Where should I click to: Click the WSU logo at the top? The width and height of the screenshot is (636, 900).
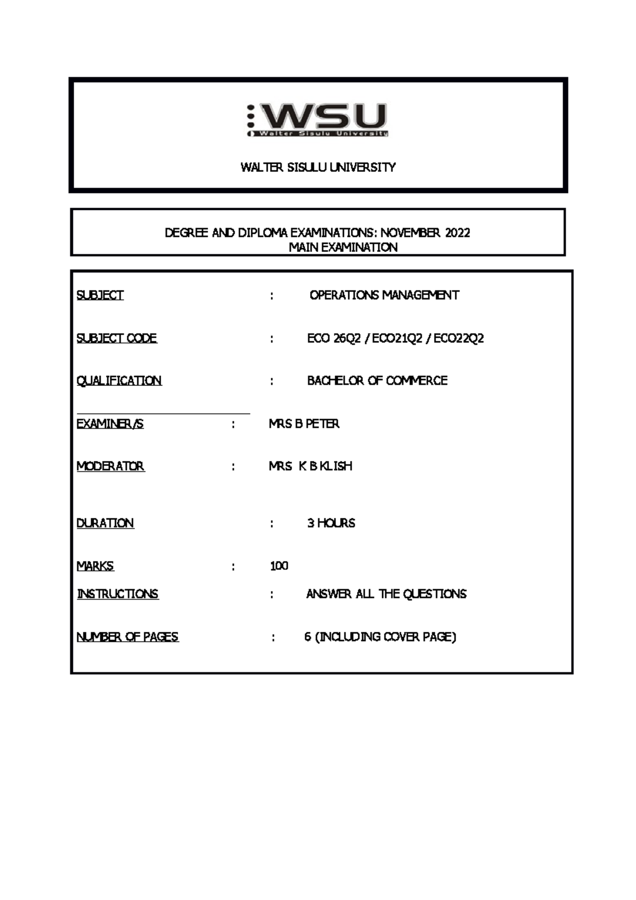[317, 120]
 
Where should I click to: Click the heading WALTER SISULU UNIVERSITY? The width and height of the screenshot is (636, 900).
[318, 167]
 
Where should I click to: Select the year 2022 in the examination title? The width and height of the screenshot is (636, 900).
[457, 233]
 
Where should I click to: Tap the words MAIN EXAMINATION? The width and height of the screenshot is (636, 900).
[343, 247]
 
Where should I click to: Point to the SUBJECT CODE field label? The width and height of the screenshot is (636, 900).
[117, 338]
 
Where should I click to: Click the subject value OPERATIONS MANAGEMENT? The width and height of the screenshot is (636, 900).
[384, 295]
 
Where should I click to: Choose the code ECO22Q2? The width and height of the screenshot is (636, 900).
[458, 338]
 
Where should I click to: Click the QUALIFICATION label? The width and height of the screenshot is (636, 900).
[119, 381]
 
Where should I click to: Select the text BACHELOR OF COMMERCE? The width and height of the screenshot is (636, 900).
[377, 381]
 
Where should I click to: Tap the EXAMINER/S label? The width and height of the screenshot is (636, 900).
[110, 424]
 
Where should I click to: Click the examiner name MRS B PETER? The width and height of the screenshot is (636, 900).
[304, 424]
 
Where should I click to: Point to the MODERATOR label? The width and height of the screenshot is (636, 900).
[110, 466]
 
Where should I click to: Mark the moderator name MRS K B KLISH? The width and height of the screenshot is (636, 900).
[311, 466]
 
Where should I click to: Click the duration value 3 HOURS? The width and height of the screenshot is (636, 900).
[331, 523]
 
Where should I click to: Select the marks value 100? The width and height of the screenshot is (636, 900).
[279, 566]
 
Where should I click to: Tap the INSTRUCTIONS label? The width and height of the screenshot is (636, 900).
[118, 594]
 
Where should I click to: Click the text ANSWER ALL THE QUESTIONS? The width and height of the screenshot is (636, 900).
[386, 594]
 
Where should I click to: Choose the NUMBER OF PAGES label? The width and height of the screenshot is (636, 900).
[127, 637]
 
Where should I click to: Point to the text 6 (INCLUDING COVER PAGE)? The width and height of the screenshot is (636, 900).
[380, 637]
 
